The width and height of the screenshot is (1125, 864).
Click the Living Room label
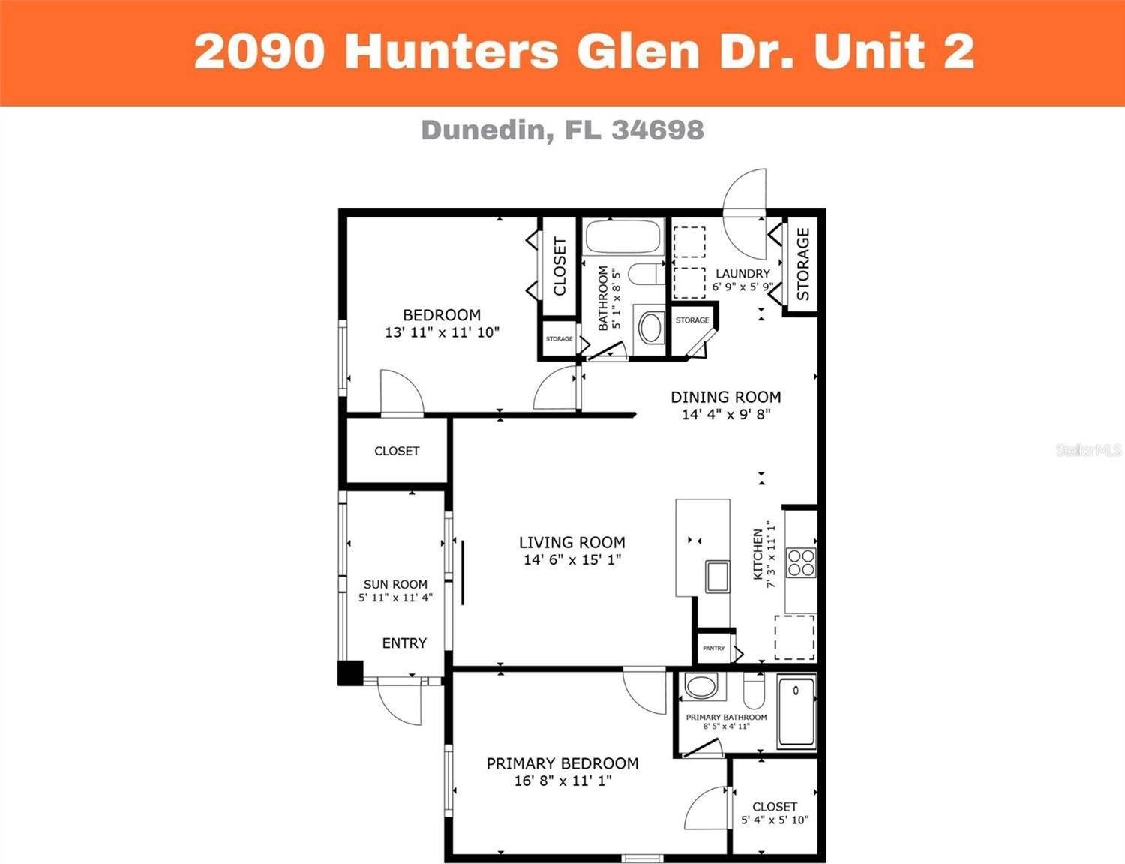pos(571,542)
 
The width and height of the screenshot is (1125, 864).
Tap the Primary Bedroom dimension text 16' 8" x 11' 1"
pos(562,781)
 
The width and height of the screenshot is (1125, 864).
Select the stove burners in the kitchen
pos(800,562)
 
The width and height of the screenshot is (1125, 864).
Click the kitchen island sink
pos(717,576)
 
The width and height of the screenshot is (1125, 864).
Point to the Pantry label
pos(714,649)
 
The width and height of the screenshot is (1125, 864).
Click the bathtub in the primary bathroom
pos(796,711)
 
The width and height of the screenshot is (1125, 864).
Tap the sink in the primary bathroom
pos(701,687)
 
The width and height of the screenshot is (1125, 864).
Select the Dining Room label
pos(725,397)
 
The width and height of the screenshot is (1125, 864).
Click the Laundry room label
pos(742,274)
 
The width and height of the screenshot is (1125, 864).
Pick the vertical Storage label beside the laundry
pos(802,264)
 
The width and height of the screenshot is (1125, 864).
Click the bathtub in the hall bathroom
pos(622,238)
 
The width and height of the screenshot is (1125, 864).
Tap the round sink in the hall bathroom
pos(649,328)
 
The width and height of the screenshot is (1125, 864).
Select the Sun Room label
pos(395,584)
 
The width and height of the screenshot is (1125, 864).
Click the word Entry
pos(404,643)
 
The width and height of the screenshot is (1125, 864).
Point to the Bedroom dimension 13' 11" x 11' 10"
pos(442,332)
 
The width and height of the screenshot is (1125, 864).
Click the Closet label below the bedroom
pos(397,451)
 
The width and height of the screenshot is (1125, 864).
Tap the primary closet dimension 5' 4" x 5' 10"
pos(775,820)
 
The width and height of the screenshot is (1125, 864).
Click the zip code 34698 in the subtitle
pos(658,130)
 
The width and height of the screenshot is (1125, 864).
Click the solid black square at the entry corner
pos(350,673)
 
